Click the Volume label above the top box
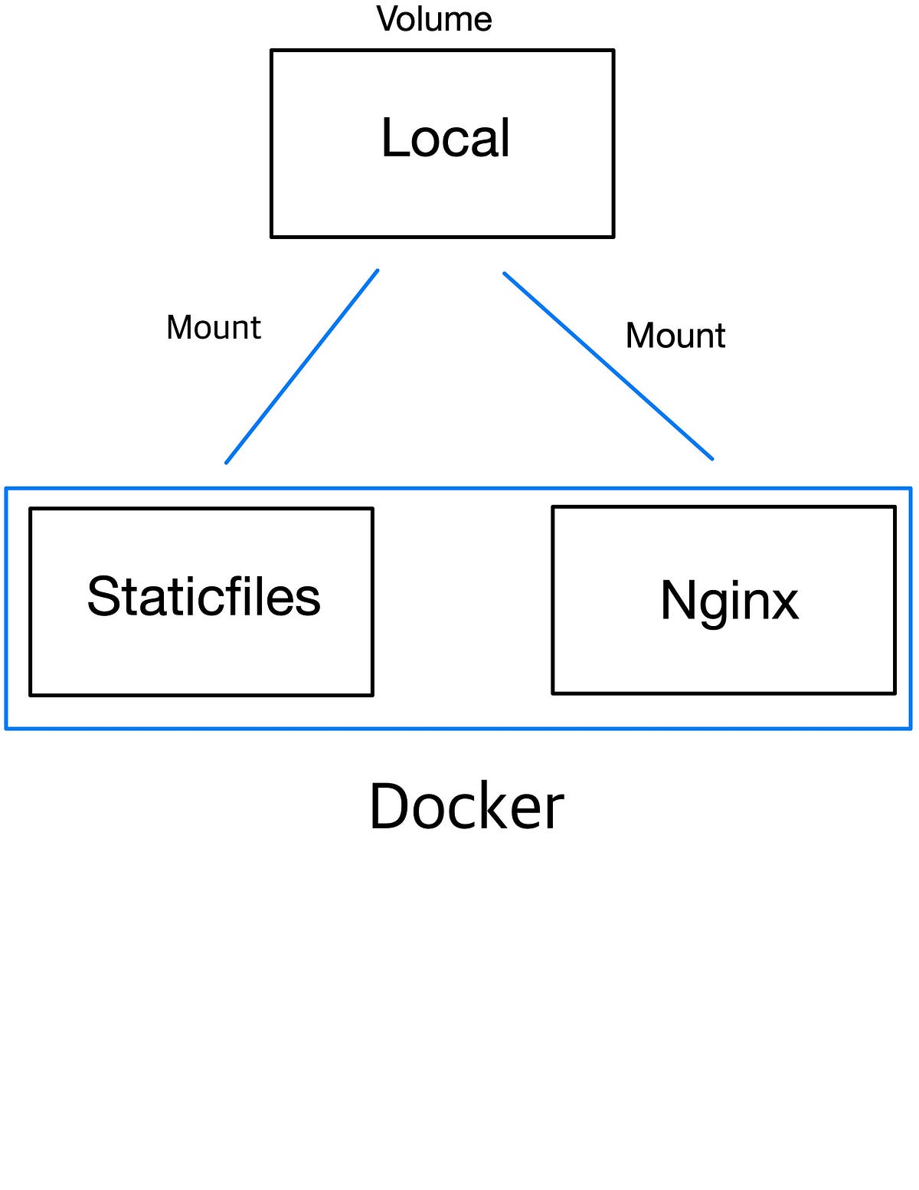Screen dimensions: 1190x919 click(434, 19)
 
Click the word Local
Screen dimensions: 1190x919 click(446, 139)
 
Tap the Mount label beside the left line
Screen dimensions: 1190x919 click(214, 328)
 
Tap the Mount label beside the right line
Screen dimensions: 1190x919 click(675, 336)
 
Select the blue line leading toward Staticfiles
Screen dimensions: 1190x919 click(302, 367)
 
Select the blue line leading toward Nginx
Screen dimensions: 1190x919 click(608, 366)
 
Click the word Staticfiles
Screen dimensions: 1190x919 click(204, 597)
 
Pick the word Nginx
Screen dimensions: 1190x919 click(729, 601)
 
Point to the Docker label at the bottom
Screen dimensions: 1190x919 click(466, 807)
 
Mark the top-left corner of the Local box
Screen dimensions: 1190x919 click(272, 51)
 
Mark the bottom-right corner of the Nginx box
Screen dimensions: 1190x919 click(894, 693)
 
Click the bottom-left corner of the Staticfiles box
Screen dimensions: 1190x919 click(31, 695)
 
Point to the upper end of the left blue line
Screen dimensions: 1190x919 click(378, 270)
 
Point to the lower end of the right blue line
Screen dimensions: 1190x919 click(712, 459)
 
